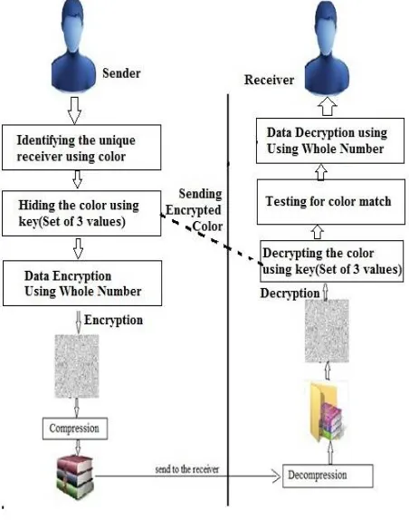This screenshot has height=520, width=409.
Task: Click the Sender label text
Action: click(x=121, y=73)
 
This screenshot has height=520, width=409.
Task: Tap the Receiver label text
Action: click(x=269, y=80)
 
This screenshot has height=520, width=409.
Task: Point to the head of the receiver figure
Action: click(x=327, y=28)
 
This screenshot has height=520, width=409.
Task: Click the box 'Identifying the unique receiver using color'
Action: click(x=81, y=148)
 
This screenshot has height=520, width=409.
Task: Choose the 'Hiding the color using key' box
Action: click(x=81, y=213)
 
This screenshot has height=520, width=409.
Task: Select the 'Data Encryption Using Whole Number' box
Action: click(x=82, y=283)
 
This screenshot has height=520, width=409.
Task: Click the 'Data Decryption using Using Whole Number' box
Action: click(x=330, y=140)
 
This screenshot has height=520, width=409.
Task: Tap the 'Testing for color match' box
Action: click(x=331, y=202)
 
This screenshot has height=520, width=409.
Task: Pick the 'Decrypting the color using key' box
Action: click(x=331, y=261)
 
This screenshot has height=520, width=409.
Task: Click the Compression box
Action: click(x=75, y=429)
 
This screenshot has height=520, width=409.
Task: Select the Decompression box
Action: click(x=328, y=476)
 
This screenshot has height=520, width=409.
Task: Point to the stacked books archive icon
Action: click(x=75, y=477)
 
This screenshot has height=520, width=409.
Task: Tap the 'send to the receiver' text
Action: click(x=187, y=469)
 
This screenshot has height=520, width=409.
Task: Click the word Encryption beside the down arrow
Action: click(x=113, y=320)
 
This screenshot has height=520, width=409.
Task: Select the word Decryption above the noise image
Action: click(x=290, y=294)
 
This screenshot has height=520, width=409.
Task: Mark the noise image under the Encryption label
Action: click(x=77, y=366)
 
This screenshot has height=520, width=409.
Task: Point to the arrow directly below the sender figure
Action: click(x=74, y=111)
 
